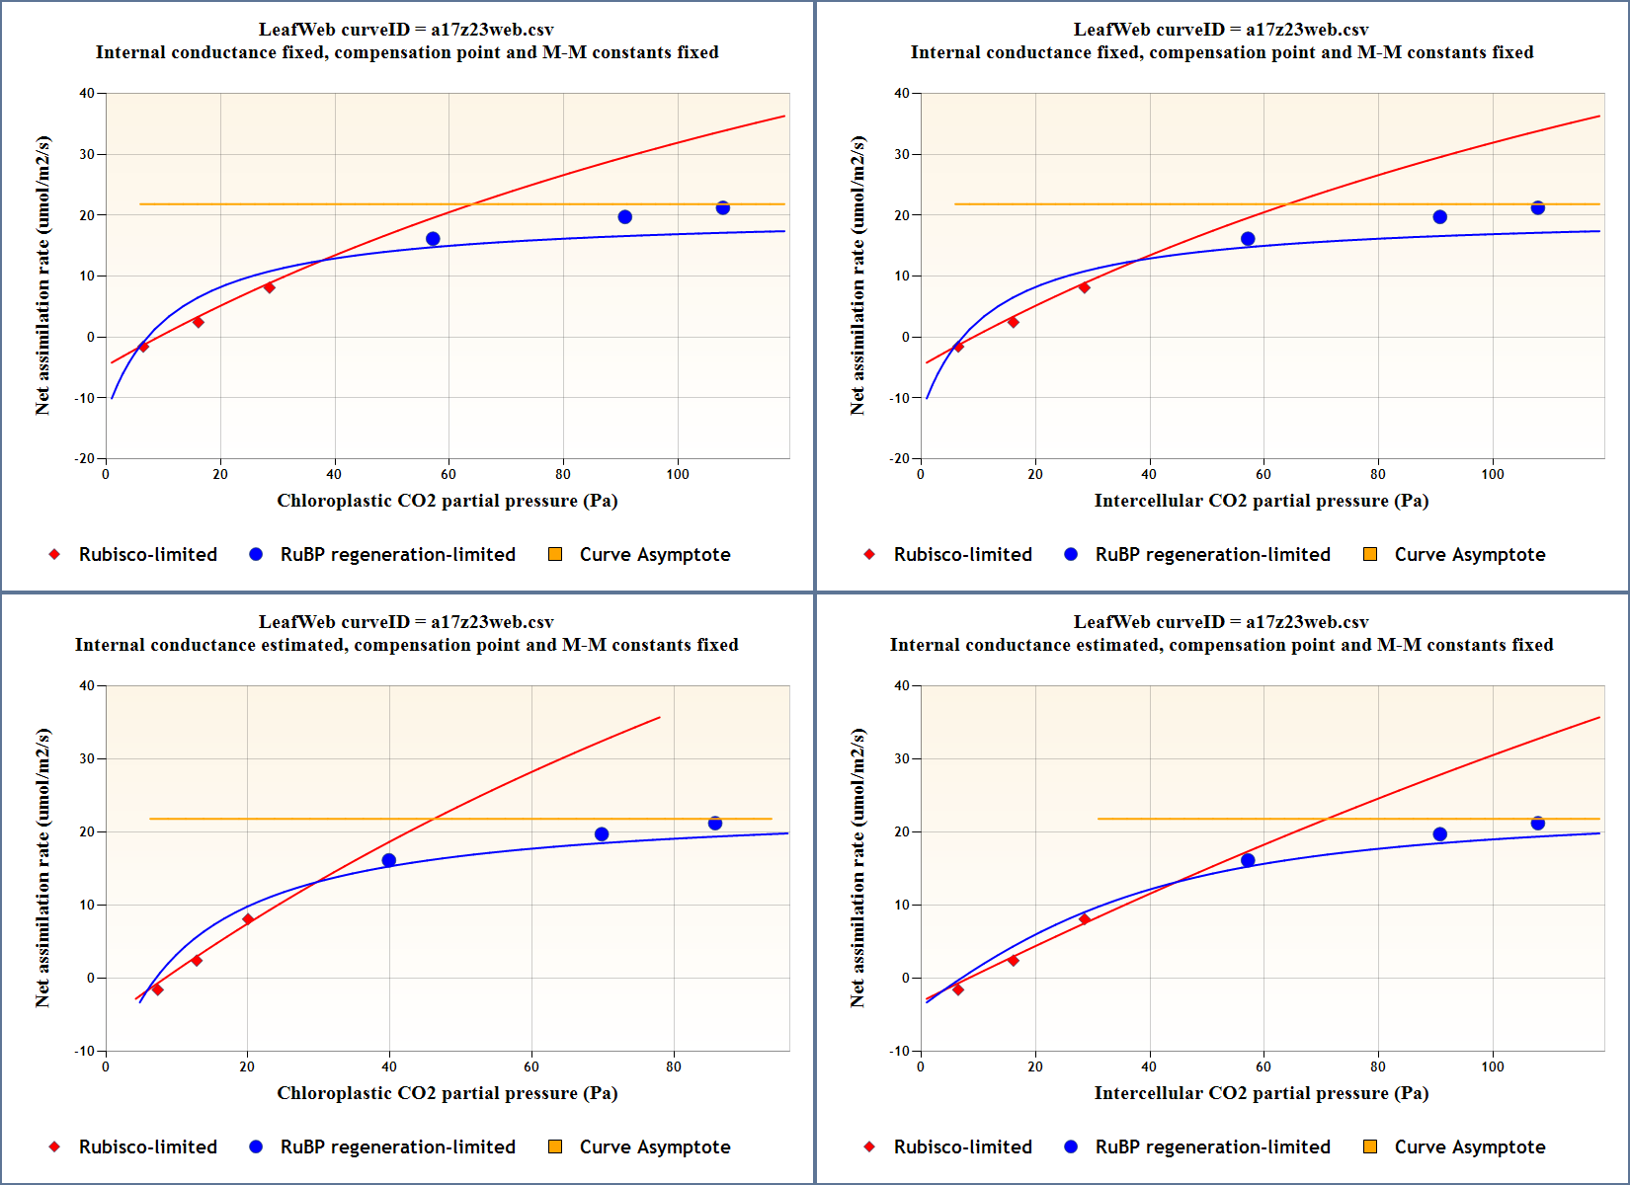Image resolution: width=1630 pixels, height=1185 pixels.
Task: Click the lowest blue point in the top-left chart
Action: pos(433,239)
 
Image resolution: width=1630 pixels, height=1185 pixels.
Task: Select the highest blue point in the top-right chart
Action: pos(1537,208)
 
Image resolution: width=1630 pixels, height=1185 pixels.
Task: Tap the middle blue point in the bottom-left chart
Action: pos(602,834)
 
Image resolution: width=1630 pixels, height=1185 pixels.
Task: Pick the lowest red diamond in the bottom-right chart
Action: pos(957,989)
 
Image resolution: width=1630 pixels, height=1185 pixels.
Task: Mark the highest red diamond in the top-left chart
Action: pos(269,287)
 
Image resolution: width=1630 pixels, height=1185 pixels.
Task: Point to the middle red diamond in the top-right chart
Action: pos(1013,322)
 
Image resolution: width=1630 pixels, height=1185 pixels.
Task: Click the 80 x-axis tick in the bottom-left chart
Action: pos(674,1066)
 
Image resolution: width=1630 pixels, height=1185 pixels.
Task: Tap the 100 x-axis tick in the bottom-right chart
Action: pos(1492,1066)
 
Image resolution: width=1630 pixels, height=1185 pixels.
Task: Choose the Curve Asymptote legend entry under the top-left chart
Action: pos(654,555)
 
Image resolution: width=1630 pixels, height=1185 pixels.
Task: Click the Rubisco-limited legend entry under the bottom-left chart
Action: pos(147,1147)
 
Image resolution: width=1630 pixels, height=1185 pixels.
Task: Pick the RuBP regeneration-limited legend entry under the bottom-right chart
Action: pos(1212,1147)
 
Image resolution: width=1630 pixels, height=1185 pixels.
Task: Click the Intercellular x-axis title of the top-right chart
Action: pos(1261,501)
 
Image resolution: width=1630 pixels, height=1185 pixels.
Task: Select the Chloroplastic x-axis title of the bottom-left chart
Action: pos(447,1093)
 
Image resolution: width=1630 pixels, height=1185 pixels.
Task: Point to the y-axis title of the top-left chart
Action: pos(42,276)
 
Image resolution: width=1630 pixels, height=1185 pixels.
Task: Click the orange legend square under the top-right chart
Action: pos(1370,554)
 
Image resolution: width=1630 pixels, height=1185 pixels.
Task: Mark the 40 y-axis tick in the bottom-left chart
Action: pos(87,685)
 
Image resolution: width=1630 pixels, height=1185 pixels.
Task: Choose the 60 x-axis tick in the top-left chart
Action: pos(448,474)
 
